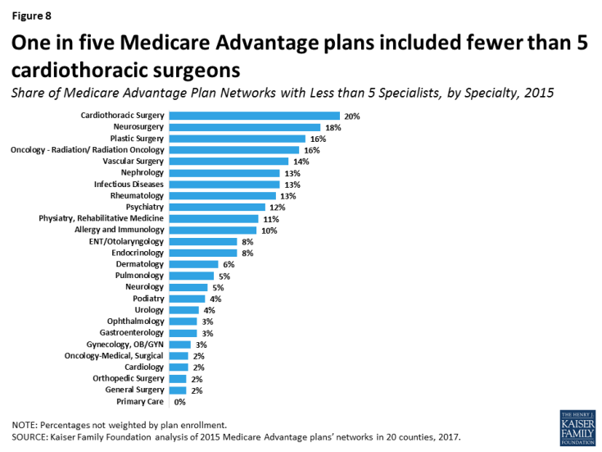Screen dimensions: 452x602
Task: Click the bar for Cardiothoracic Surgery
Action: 254,116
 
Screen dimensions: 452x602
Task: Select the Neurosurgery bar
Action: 244,127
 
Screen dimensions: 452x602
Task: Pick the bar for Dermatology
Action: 193,264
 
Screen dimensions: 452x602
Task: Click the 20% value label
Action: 352,116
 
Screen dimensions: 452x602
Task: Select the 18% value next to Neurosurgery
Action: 332,128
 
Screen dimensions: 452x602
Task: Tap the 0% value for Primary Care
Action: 179,402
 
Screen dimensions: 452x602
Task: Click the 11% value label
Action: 271,219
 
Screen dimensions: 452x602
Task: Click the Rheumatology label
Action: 137,196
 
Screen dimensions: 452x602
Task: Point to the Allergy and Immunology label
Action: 120,231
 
